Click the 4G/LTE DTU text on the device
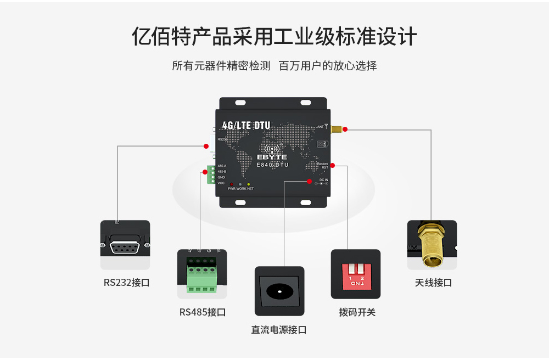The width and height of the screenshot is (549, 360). pyautogui.click(x=246, y=126)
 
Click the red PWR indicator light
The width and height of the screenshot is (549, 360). pyautogui.click(x=231, y=184)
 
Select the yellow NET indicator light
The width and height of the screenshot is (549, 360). pyautogui.click(x=249, y=184)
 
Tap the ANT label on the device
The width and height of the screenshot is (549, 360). pyautogui.click(x=321, y=127)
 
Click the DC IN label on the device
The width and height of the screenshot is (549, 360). pyautogui.click(x=323, y=179)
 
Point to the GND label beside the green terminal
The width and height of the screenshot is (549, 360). pyautogui.click(x=221, y=177)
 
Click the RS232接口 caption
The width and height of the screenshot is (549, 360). pyautogui.click(x=126, y=283)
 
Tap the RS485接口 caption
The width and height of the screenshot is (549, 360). pyautogui.click(x=203, y=312)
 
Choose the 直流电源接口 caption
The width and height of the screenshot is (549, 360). pyautogui.click(x=279, y=330)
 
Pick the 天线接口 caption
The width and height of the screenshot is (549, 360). pyautogui.click(x=433, y=283)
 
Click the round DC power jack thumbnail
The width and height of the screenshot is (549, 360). pyautogui.click(x=279, y=291)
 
